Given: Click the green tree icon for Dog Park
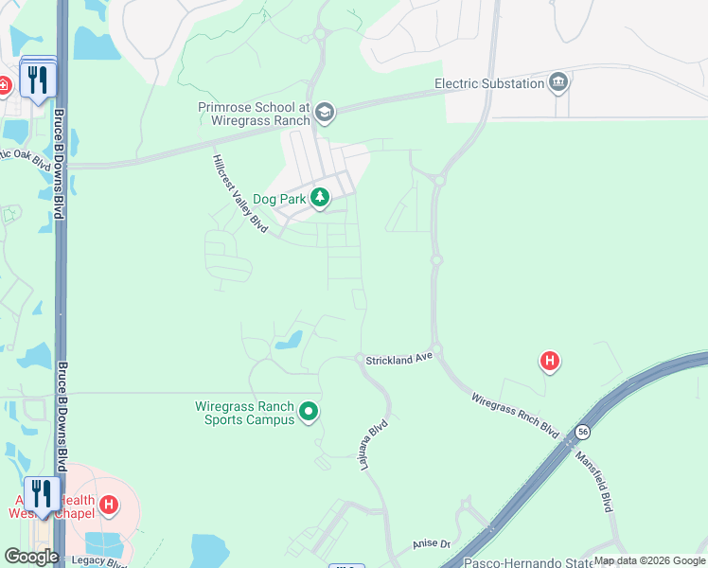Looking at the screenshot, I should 321,197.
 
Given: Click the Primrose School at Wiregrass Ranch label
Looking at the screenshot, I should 255,114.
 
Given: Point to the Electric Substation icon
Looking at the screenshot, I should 559,83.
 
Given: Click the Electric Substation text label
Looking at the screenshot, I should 488,83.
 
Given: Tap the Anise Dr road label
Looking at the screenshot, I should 429,545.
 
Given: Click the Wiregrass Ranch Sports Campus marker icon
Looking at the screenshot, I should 308,412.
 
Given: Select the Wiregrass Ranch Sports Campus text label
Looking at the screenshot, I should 246,413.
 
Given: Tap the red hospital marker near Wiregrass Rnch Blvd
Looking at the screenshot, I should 549,360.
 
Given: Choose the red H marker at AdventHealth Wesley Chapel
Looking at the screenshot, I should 109,505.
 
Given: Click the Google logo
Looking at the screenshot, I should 31,557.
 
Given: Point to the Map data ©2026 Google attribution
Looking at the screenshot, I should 649,560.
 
